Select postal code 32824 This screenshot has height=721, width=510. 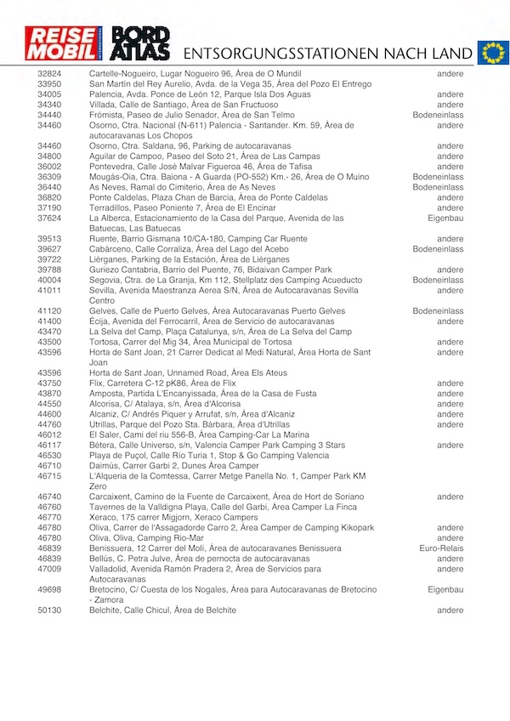pos(49,74)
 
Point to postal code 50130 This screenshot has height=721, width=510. pos(49,610)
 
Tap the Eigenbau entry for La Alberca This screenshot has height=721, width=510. pos(445,218)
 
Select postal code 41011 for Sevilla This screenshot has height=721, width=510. pos(49,290)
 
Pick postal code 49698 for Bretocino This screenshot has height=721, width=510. pos(49,589)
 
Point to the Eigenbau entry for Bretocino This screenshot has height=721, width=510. pos(445,589)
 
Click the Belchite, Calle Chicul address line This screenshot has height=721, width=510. pos(162,610)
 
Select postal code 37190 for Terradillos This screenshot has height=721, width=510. pos(49,207)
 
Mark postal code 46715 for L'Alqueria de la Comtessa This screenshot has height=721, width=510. pos(49,476)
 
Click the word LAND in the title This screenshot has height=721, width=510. pos(450,54)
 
